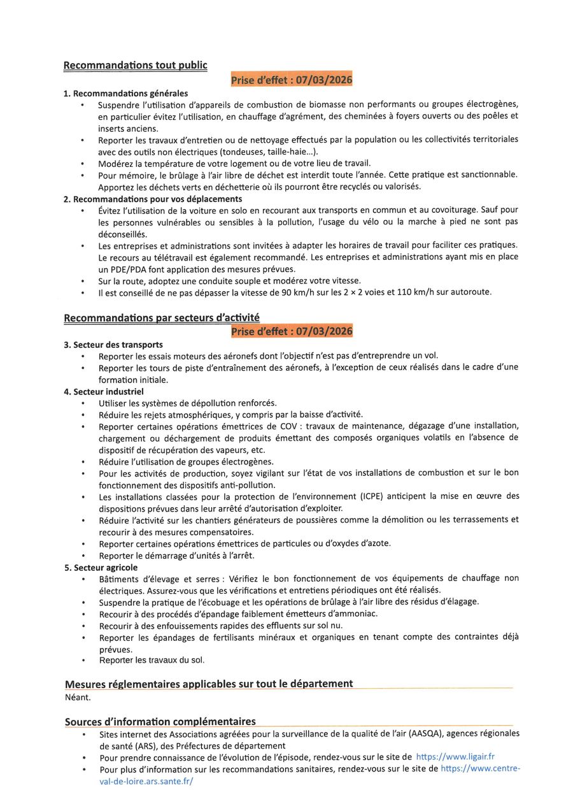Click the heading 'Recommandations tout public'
[135, 65]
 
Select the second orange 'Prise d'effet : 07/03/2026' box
[291, 331]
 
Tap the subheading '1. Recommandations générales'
[126, 93]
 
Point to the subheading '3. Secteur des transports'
[113, 345]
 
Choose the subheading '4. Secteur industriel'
[104, 391]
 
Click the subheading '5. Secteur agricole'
[101, 567]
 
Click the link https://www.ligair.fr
[455, 757]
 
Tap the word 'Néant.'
[78, 696]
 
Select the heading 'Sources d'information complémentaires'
[160, 721]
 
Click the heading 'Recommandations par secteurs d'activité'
[162, 318]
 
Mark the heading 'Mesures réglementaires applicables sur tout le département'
[209, 684]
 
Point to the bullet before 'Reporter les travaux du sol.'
[83, 661]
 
